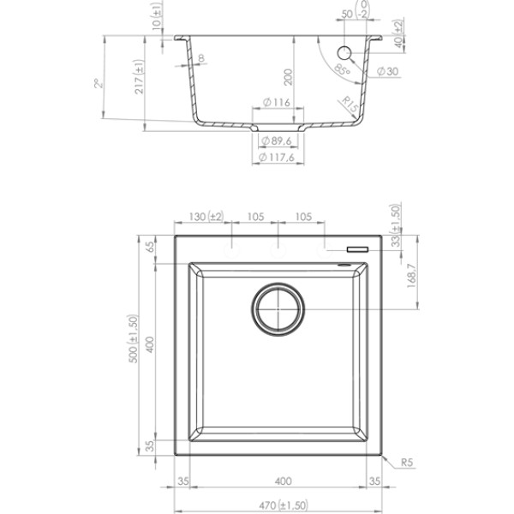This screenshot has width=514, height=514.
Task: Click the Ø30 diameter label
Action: pos(387,71)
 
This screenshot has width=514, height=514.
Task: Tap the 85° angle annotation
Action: pos(343,69)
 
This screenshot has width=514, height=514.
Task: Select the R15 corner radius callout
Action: pos(350,105)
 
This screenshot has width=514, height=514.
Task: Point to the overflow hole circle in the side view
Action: pos(344,53)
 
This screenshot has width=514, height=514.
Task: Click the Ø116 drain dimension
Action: pos(277,103)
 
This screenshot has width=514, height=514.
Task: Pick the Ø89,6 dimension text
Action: pos(277,141)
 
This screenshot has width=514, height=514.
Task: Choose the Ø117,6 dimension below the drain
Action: pos(277,158)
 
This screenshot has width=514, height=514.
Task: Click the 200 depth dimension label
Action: pos(288,77)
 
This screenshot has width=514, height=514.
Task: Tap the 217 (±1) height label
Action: pos(140,77)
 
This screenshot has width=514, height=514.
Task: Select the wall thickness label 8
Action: pos(201,58)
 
